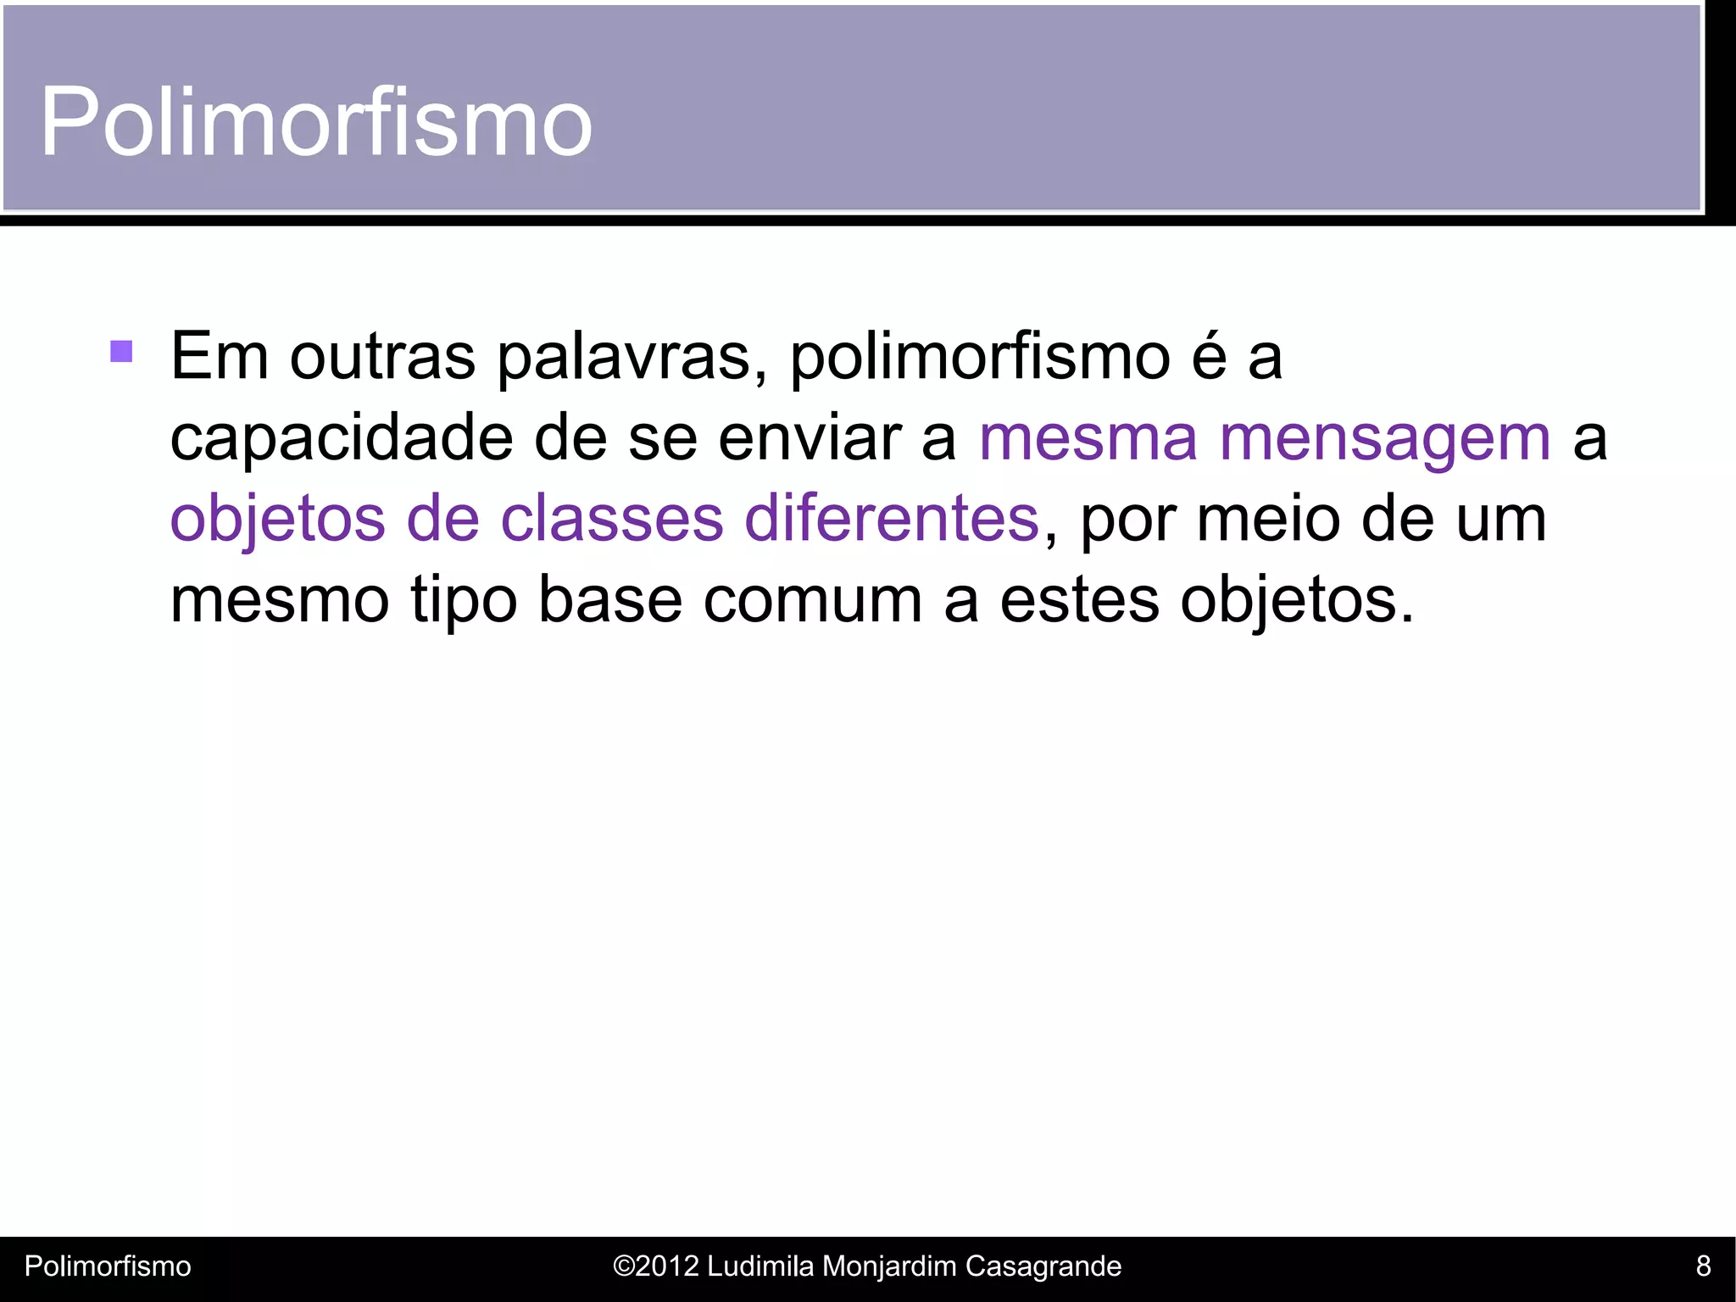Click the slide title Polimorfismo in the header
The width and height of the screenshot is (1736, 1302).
tap(315, 123)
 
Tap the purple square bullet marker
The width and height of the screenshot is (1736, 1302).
tap(121, 351)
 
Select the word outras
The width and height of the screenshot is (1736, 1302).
tap(382, 357)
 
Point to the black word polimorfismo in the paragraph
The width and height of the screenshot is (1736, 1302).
tap(980, 357)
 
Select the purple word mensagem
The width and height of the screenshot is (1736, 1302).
tap(1385, 439)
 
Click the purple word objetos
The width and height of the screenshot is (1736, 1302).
tap(278, 519)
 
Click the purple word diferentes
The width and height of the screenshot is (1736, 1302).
tap(891, 519)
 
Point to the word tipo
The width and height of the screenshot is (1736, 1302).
tap(464, 600)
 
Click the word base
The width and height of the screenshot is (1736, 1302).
tap(610, 600)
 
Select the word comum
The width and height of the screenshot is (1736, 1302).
tap(813, 600)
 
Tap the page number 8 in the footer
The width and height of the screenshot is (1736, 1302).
tap(1703, 1266)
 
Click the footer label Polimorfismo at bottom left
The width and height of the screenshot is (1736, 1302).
tap(108, 1266)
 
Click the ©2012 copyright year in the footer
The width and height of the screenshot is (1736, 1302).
tap(655, 1266)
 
